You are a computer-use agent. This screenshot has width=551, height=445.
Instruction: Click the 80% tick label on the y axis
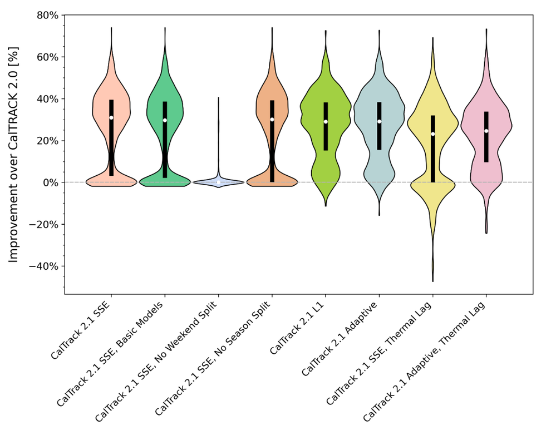pyautogui.click(x=47, y=15)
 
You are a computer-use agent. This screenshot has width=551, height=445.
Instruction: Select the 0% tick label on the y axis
pyautogui.click(x=51, y=182)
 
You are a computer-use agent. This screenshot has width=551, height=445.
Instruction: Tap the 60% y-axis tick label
pyautogui.click(x=47, y=57)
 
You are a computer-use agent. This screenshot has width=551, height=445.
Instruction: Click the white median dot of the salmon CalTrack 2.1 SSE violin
pyautogui.click(x=111, y=117)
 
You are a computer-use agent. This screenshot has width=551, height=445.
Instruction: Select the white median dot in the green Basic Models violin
pyautogui.click(x=165, y=120)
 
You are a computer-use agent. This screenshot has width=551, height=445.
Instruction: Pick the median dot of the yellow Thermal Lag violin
pyautogui.click(x=432, y=134)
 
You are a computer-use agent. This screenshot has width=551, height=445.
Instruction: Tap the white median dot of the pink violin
pyautogui.click(x=486, y=131)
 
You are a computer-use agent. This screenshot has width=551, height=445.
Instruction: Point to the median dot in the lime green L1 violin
pyautogui.click(x=326, y=122)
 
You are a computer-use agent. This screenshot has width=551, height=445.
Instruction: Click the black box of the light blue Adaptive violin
pyautogui.click(x=379, y=126)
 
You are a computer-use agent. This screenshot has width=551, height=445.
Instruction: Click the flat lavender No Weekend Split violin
pyautogui.click(x=218, y=182)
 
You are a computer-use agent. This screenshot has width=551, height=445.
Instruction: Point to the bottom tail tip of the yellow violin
pyautogui.click(x=432, y=281)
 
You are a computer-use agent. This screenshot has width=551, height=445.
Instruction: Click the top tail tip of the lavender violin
pyautogui.click(x=218, y=98)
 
